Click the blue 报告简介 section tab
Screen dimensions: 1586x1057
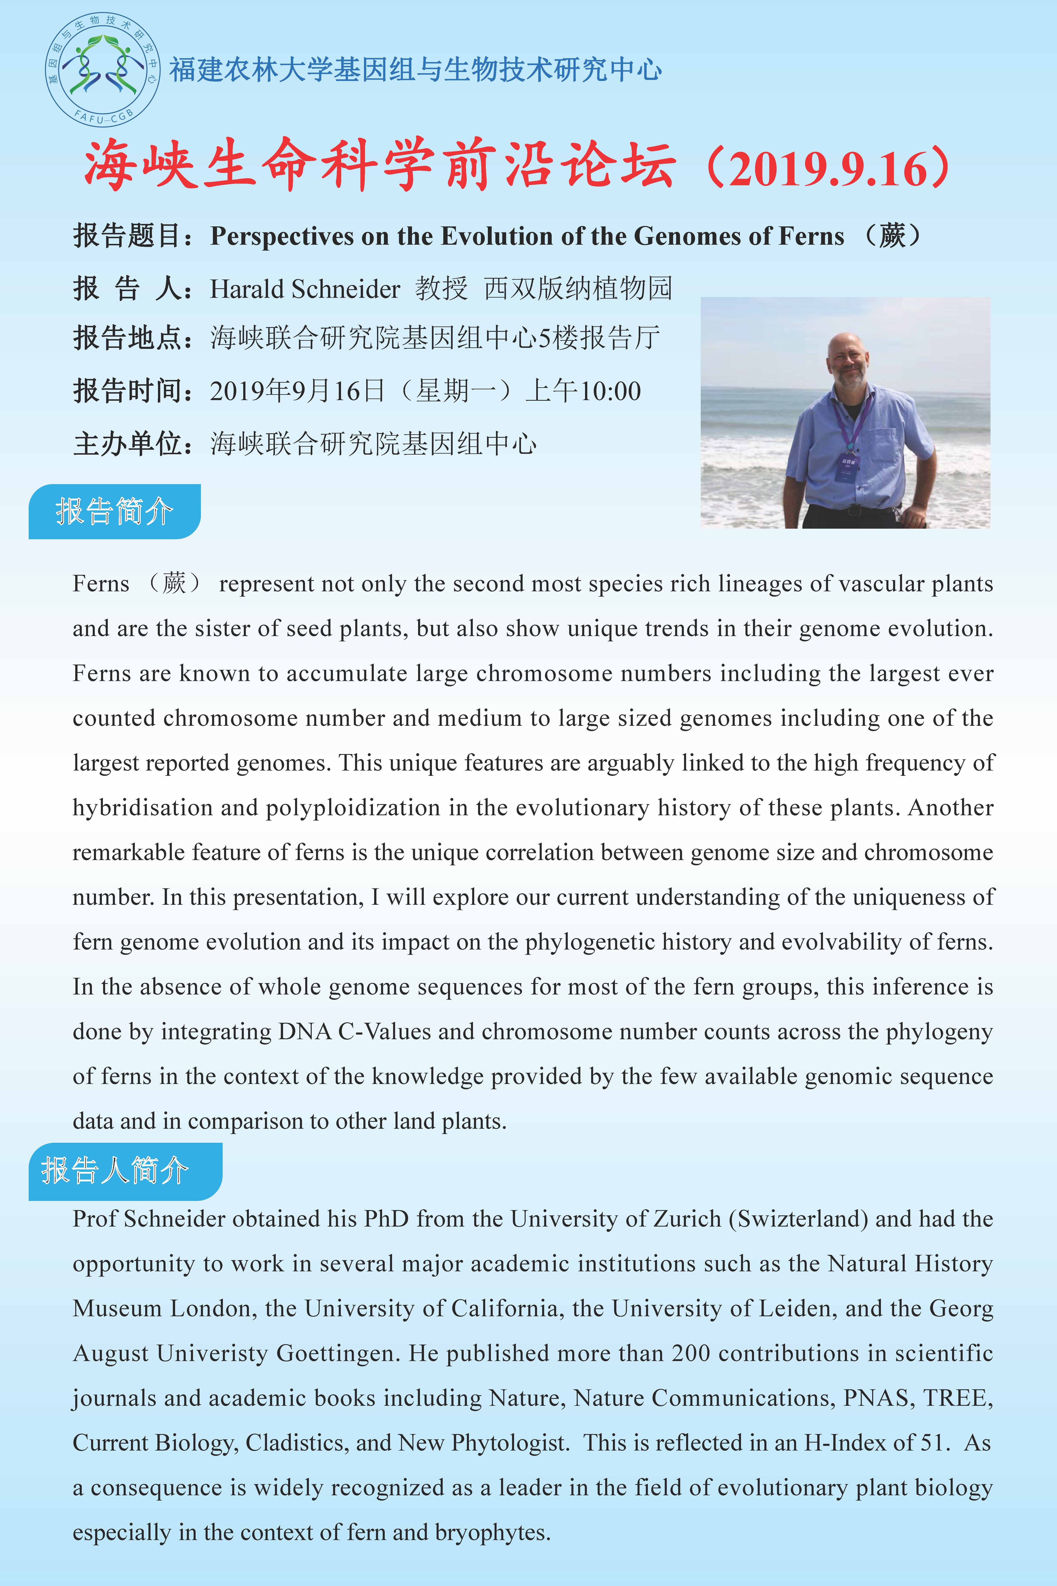115,511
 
